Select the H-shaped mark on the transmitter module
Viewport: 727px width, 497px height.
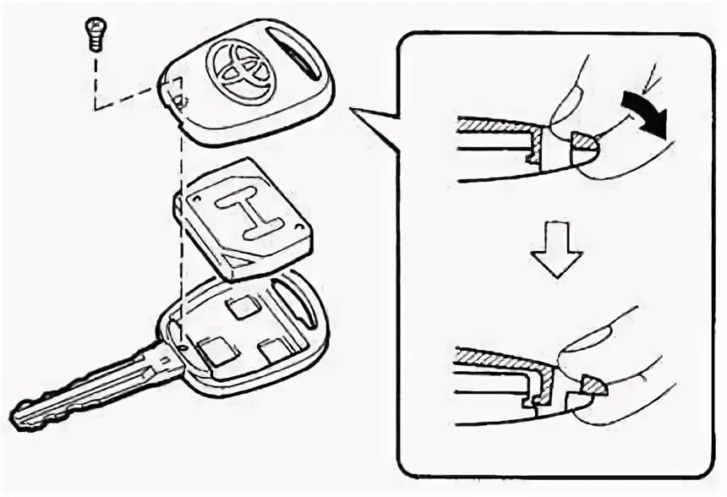click(x=250, y=214)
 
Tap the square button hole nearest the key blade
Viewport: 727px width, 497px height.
click(x=216, y=350)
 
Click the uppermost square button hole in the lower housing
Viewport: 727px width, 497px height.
click(x=243, y=307)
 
